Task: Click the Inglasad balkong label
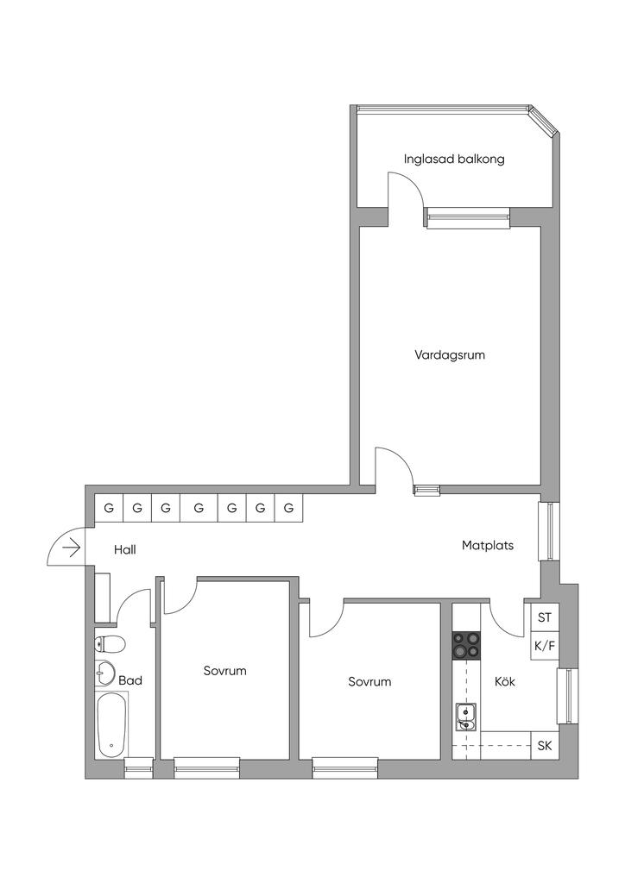coord(454,159)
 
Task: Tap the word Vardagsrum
coord(450,354)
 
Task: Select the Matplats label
coord(488,545)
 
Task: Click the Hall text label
coord(125,549)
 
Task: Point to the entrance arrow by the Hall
coord(73,548)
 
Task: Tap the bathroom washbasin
coord(105,672)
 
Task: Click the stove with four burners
coord(466,645)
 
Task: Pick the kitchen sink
coord(465,717)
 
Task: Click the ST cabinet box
coord(544,617)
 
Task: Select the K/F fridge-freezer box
coord(544,645)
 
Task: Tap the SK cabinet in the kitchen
coord(545,746)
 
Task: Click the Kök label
coord(505,681)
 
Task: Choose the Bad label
coord(130,680)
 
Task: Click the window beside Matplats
coord(549,530)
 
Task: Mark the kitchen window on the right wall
coord(567,695)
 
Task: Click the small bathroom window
coord(139,768)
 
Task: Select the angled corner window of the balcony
coord(543,121)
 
